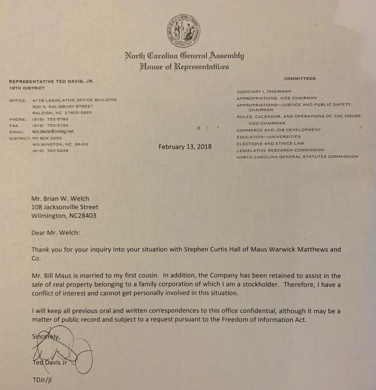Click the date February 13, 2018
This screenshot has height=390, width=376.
click(x=185, y=147)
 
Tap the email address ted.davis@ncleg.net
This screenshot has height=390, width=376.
click(x=52, y=132)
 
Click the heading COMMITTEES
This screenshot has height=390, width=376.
click(x=300, y=79)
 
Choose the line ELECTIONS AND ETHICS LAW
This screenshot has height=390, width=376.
click(x=270, y=144)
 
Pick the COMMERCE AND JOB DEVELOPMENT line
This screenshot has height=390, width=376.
click(x=279, y=130)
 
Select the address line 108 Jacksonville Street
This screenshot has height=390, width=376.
click(x=65, y=207)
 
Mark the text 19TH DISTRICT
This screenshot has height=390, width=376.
click(x=26, y=88)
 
